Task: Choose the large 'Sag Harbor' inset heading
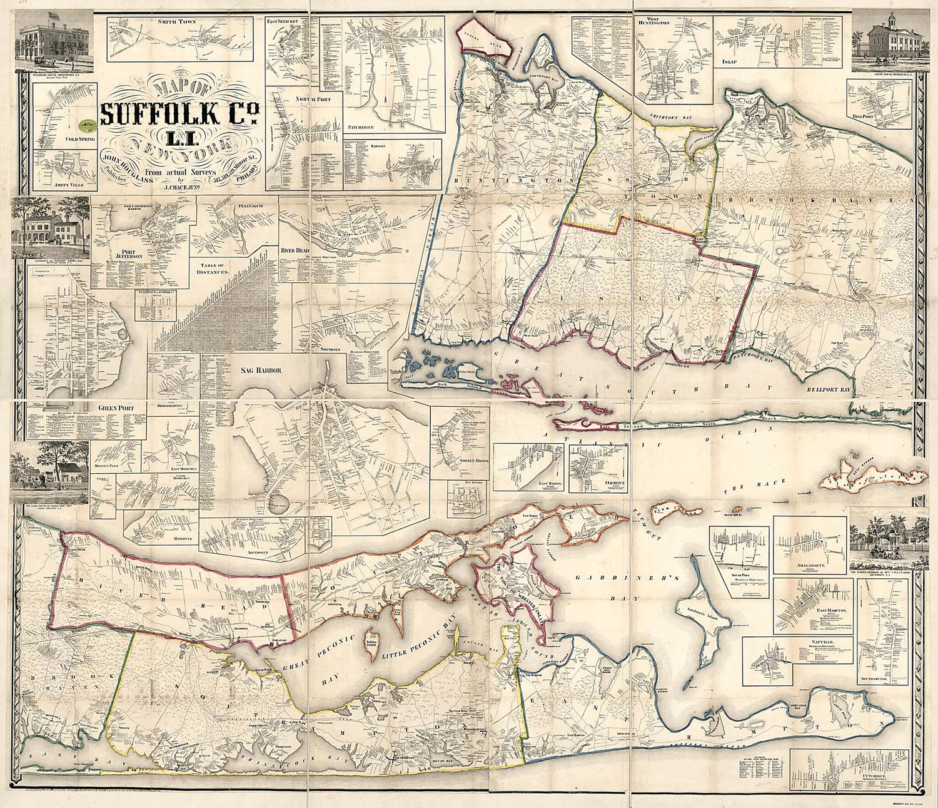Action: pyautogui.click(x=261, y=370)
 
